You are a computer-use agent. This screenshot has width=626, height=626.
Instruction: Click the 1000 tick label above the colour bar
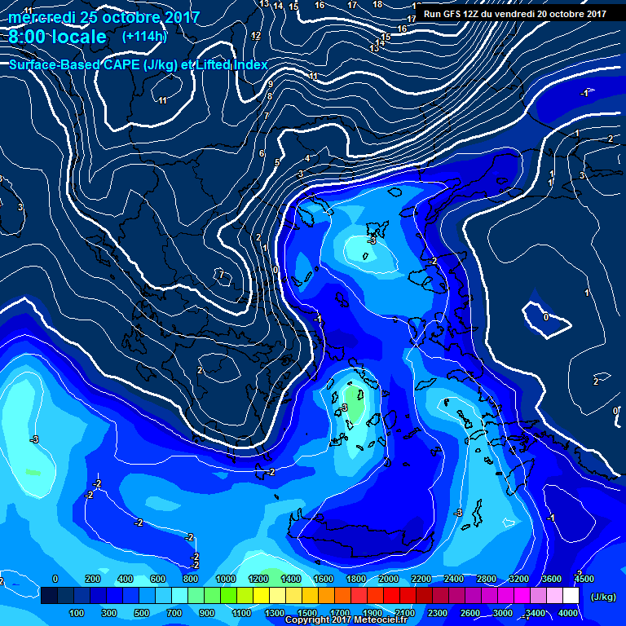pyautogui.click(x=225, y=579)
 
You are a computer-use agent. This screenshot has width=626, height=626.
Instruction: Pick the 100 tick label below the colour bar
pyautogui.click(x=77, y=612)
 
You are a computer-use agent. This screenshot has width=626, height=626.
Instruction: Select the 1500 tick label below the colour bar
pyautogui.click(x=307, y=612)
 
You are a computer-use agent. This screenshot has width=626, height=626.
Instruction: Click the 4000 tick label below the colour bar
pyautogui.click(x=569, y=612)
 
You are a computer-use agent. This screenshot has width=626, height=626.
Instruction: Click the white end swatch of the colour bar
pyautogui.click(x=571, y=596)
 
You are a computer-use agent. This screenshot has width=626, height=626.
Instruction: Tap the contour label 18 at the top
pyautogui.click(x=377, y=5)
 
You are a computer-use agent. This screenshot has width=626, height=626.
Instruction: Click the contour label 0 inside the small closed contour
pyautogui.click(x=545, y=316)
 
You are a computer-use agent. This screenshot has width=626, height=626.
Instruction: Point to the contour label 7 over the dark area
pyautogui.click(x=221, y=275)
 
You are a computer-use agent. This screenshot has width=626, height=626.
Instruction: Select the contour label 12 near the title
pyautogui.click(x=256, y=36)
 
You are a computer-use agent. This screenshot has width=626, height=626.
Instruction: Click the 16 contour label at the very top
pyautogui.click(x=320, y=6)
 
